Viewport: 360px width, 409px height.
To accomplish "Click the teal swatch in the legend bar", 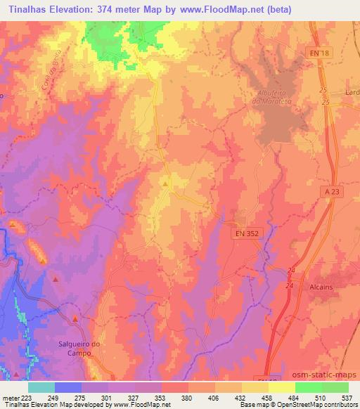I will click(x=41, y=387).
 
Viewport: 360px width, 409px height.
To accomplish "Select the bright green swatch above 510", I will click(x=308, y=387).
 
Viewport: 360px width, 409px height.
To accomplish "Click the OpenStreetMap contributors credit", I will click(x=322, y=405).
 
